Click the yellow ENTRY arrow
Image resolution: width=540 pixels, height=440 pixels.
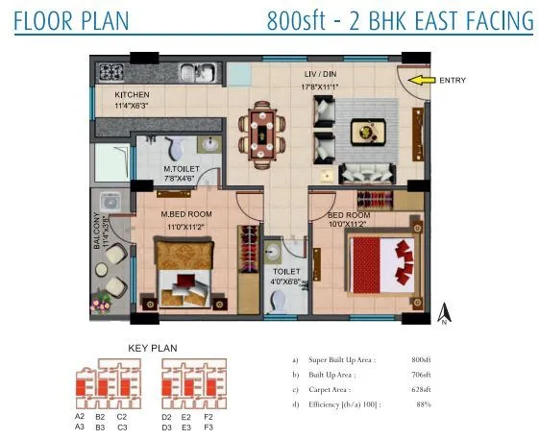tap(419, 81)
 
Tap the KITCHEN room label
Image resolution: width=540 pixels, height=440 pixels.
tap(134, 95)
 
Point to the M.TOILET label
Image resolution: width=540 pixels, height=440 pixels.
tap(181, 169)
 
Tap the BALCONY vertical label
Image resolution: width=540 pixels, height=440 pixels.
tap(96, 232)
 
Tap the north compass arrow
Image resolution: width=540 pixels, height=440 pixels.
tap(444, 312)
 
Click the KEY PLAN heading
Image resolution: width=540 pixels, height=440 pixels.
tap(153, 348)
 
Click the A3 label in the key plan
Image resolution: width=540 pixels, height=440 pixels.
tap(80, 428)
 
